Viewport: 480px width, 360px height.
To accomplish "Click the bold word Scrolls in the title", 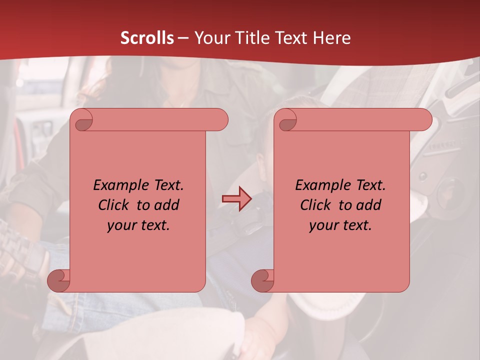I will pos(147,38).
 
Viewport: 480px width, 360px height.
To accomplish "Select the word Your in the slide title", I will pos(209,38).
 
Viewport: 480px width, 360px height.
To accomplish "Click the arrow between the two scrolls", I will pos(236,199).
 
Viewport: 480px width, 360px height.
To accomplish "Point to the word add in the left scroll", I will pos(167,205).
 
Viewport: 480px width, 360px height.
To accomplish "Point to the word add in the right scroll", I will pos(369,205).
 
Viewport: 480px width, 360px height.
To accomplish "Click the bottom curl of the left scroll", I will pos(58,280).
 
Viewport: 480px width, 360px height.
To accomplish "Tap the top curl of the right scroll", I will pos(287,120).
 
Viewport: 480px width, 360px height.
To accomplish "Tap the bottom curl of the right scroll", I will pos(262,280).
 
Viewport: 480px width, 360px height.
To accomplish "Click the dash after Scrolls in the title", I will pos(183,38).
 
